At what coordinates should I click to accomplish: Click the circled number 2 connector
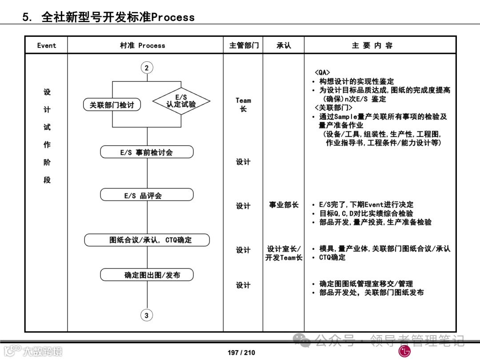(x=147, y=68)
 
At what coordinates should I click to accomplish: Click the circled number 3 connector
(x=147, y=316)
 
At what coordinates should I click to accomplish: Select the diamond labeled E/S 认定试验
(x=181, y=101)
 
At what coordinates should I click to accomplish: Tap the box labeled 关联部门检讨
(x=112, y=105)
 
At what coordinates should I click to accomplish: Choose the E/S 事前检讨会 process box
(x=147, y=152)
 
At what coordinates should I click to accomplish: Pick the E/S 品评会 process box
(x=147, y=196)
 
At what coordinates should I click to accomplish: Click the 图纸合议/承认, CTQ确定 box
(x=147, y=240)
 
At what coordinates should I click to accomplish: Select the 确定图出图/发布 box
(x=147, y=275)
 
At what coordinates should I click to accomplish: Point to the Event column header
(x=47, y=45)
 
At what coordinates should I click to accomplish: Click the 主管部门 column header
(x=243, y=45)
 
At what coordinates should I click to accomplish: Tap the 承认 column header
(x=284, y=45)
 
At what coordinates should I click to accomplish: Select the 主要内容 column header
(x=372, y=45)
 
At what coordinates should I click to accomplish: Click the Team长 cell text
(x=243, y=104)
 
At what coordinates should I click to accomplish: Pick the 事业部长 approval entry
(x=284, y=205)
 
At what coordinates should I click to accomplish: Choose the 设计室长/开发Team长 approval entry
(x=284, y=253)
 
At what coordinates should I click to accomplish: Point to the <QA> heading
(x=322, y=73)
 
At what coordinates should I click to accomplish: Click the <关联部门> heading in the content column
(x=333, y=108)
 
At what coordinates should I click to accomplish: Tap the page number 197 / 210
(x=241, y=352)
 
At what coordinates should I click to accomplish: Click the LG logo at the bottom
(x=404, y=351)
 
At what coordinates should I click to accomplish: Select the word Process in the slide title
(x=173, y=17)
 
